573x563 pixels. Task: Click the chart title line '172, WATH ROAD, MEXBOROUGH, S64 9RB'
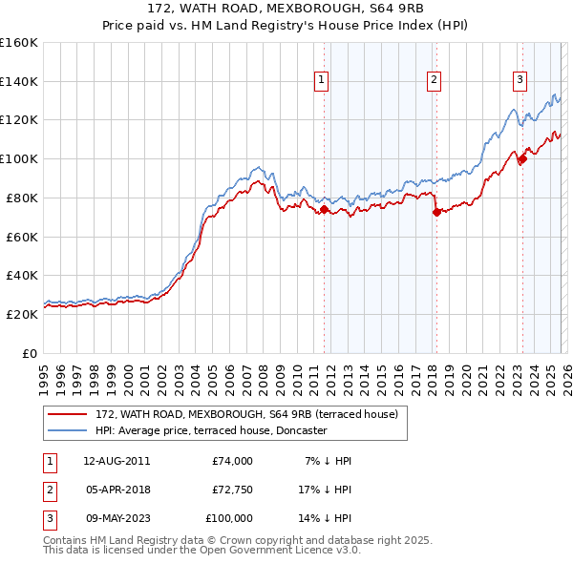pos(286,8)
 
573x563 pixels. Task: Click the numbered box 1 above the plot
pos(321,81)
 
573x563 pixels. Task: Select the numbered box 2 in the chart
pos(434,81)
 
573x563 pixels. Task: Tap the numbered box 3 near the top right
pos(520,81)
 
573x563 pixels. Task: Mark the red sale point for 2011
pos(324,209)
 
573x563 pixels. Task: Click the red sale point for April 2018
pos(436,212)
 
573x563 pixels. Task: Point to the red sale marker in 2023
pos(522,159)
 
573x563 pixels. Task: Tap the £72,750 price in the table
pos(232,490)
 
